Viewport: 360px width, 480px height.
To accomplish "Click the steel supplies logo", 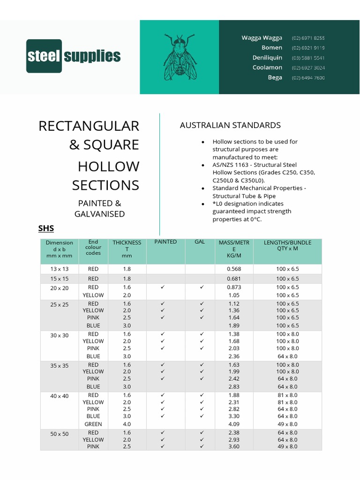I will pos(73,56).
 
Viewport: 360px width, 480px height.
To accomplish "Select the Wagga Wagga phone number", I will pos(308,38).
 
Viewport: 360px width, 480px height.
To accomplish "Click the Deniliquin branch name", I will pos(267,58).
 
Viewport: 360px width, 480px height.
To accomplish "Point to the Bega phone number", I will pos(308,78).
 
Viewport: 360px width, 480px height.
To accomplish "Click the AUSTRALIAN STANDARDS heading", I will pos(230,125).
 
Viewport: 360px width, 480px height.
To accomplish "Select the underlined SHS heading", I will pos(46,229).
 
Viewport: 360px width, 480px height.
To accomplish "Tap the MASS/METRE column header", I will pos(234,249).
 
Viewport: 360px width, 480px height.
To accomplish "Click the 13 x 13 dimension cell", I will pos(60,269).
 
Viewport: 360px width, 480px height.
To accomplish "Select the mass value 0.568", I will pos(233,269).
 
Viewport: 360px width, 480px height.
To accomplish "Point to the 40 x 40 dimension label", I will pos(60,396).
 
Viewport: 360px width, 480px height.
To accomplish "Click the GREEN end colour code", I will pos(93,424).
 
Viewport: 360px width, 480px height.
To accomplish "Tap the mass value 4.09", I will pos(233,424).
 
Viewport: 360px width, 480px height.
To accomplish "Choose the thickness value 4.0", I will pos(127,424).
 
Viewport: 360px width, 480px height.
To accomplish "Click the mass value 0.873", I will pos(233,287).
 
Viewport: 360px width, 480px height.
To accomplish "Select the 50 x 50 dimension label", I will pos(60,434).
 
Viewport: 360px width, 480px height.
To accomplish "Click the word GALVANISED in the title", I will pos(99,214).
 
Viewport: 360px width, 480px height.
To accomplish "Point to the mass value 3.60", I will pos(233,447).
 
